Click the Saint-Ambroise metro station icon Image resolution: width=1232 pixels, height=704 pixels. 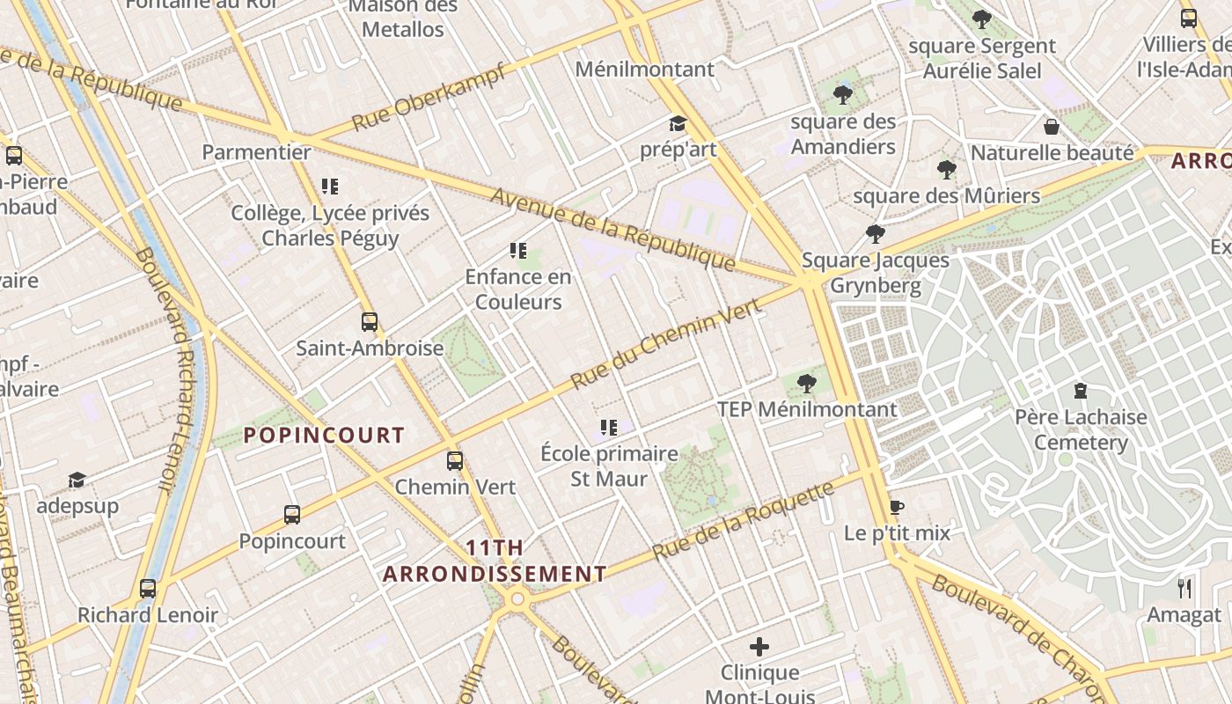(x=370, y=321)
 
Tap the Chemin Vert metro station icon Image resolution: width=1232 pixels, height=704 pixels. (x=455, y=460)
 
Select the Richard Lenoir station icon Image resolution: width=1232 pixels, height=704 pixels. (x=148, y=588)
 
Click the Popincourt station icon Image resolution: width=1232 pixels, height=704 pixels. (x=292, y=514)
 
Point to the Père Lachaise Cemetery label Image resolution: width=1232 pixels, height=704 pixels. (x=1081, y=429)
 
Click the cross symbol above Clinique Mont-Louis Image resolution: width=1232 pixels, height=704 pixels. (x=759, y=647)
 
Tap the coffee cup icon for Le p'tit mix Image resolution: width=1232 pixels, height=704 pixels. (x=897, y=507)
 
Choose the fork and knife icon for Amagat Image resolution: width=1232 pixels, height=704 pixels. (x=1184, y=588)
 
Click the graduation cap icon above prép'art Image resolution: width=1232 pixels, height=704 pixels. (x=678, y=124)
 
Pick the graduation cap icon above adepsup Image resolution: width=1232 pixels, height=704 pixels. (x=77, y=480)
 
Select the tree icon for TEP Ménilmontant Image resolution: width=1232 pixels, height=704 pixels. (x=806, y=383)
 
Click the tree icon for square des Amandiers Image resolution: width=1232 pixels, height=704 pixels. (x=843, y=95)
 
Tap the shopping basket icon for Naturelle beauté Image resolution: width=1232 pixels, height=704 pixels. (x=1051, y=127)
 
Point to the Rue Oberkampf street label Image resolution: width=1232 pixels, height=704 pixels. (x=429, y=97)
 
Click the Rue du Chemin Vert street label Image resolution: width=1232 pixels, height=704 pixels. (x=665, y=343)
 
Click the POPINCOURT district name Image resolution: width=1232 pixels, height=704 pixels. (x=324, y=435)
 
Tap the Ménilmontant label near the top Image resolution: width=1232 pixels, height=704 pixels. (x=645, y=69)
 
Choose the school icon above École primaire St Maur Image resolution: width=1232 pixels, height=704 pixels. (x=609, y=428)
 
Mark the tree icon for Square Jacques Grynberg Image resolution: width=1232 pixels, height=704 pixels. (x=875, y=233)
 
